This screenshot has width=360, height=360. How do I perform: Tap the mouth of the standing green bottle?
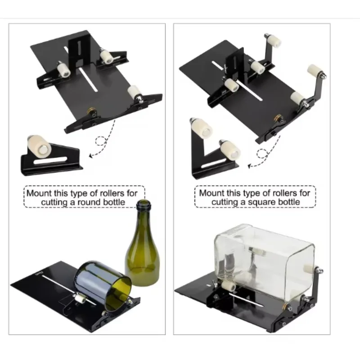pyautogui.click(x=144, y=203)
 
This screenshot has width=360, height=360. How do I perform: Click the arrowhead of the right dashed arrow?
pyautogui.click(x=250, y=166)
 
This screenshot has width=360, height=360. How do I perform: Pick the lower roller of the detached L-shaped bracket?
pyautogui.click(x=229, y=149)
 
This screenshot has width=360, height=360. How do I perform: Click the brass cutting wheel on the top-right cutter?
pyautogui.click(x=279, y=118)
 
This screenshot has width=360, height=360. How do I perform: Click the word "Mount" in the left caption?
pyautogui.click(x=39, y=193)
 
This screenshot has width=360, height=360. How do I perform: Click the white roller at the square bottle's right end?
pyautogui.click(x=310, y=269)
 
